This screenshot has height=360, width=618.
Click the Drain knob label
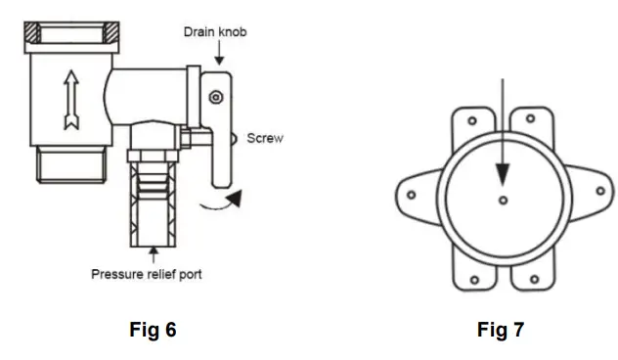pyautogui.click(x=215, y=32)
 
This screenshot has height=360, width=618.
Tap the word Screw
pyautogui.click(x=265, y=138)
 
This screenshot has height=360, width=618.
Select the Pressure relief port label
pyautogui.click(x=147, y=274)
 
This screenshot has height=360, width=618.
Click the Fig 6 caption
pyautogui.click(x=153, y=330)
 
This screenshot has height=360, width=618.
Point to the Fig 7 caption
pyautogui.click(x=501, y=330)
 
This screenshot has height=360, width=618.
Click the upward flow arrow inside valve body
pyautogui.click(x=71, y=100)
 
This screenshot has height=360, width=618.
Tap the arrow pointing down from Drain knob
pyautogui.click(x=220, y=53)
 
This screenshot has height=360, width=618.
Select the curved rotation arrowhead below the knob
pyautogui.click(x=234, y=198)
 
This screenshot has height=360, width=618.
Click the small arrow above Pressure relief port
pyautogui.click(x=154, y=254)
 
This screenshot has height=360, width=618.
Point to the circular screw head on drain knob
pyautogui.click(x=216, y=97)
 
